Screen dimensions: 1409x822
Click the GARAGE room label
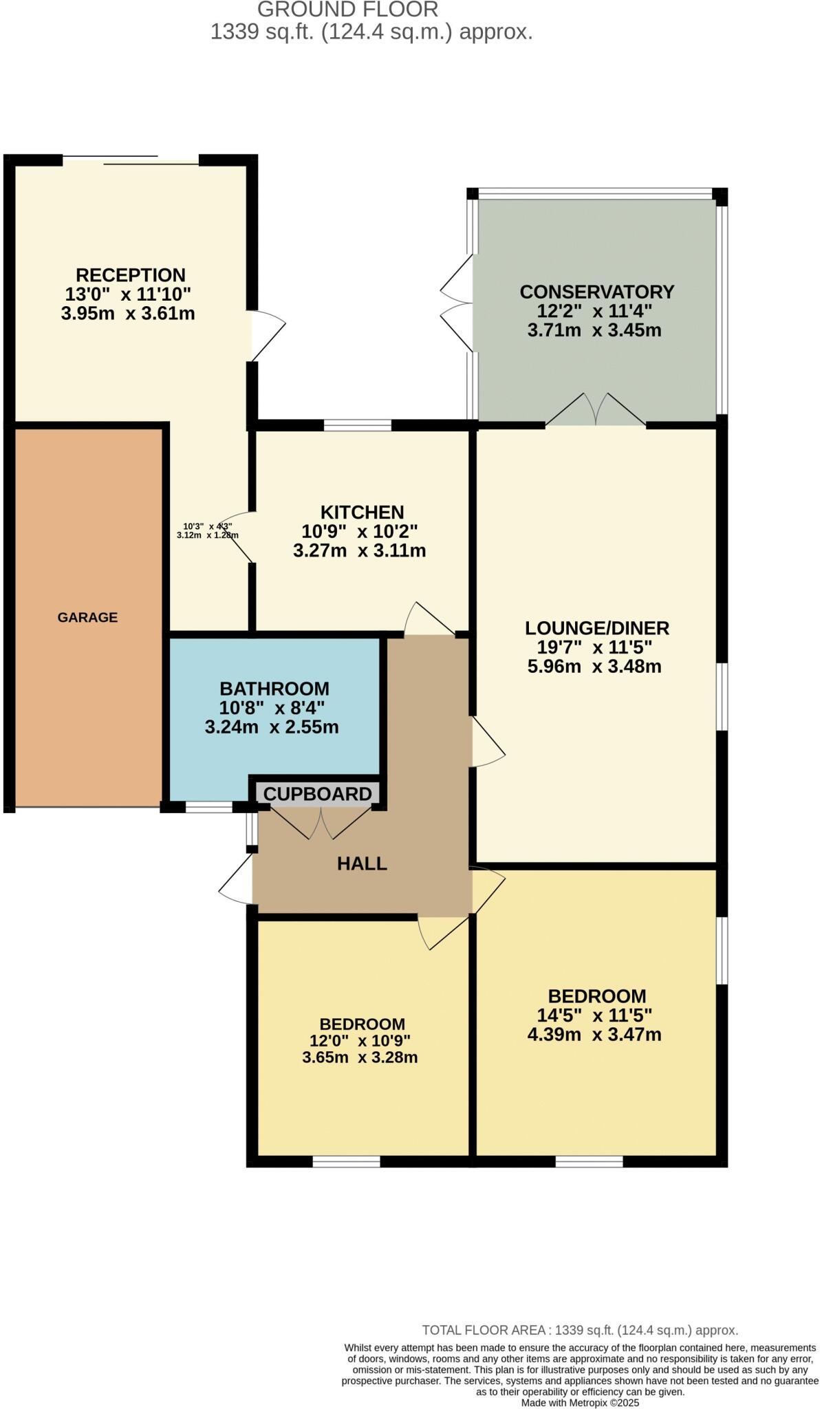point(87,617)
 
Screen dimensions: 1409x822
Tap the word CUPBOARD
point(317,794)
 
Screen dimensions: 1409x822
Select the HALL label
point(362,863)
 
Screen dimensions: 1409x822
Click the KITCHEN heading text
point(362,512)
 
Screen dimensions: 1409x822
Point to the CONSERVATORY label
point(596,292)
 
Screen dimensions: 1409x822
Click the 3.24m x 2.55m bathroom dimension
point(272,727)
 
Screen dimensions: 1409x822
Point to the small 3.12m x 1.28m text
point(207,535)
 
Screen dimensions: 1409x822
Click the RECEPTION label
point(131,275)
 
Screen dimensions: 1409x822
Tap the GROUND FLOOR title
point(347,10)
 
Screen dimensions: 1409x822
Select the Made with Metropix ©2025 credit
point(580,1402)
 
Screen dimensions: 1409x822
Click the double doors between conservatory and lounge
point(596,411)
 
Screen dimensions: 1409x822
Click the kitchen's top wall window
point(357,425)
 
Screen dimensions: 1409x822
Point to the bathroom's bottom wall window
point(209,807)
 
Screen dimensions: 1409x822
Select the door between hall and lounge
point(488,743)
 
